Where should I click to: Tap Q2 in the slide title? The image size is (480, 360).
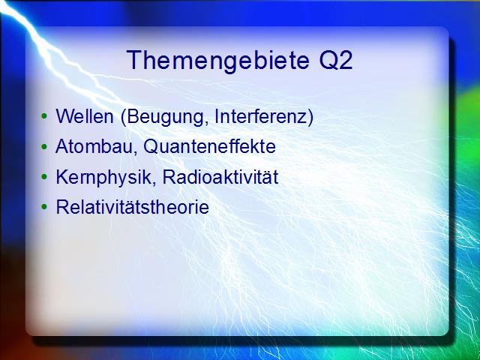[336, 61]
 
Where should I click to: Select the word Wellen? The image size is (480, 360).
[85, 117]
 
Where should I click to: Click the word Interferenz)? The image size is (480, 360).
[264, 117]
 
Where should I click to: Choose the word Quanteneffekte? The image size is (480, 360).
[210, 147]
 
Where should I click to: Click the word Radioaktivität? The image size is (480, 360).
[220, 177]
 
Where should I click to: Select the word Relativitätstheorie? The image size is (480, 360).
[133, 207]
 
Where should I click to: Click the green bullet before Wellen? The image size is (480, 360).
[44, 116]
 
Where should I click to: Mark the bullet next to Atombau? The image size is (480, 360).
[44, 147]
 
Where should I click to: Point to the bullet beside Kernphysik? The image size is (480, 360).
[44, 177]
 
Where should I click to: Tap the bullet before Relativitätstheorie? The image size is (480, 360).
[44, 207]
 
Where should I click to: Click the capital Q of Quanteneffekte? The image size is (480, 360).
[150, 147]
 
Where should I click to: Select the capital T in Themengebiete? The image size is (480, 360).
[134, 60]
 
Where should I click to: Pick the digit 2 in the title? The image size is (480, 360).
[346, 60]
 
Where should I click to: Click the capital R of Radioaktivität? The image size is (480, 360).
[169, 177]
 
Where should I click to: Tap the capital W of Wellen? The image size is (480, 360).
[65, 116]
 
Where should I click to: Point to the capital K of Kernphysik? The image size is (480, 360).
[62, 177]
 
